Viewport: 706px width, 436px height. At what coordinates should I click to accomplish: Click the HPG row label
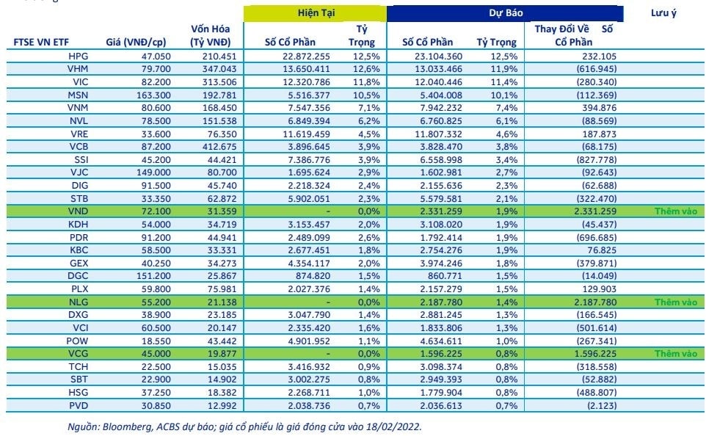tap(79, 57)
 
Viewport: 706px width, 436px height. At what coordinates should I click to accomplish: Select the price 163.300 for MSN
tap(153, 95)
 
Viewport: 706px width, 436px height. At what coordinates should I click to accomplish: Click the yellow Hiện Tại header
tap(316, 13)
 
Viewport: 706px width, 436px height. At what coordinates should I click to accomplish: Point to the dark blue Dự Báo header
tap(506, 13)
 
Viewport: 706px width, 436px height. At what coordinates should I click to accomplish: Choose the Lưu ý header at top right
tap(663, 13)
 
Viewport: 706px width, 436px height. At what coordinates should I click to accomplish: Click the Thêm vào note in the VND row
tap(676, 211)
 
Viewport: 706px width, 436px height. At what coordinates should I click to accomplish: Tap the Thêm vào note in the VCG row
tap(676, 354)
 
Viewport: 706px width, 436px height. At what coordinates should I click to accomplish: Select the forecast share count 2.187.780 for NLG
tap(441, 302)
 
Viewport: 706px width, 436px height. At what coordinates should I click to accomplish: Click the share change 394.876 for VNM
tap(599, 108)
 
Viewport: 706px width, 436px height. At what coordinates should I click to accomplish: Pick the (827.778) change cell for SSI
tap(597, 160)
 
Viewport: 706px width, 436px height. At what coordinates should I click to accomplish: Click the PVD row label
tap(79, 406)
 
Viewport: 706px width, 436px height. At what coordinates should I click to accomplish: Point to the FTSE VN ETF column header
tap(41, 43)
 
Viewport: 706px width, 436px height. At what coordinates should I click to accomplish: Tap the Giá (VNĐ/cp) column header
tap(136, 43)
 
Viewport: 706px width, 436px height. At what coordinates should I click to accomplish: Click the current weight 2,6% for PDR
tap(368, 237)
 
